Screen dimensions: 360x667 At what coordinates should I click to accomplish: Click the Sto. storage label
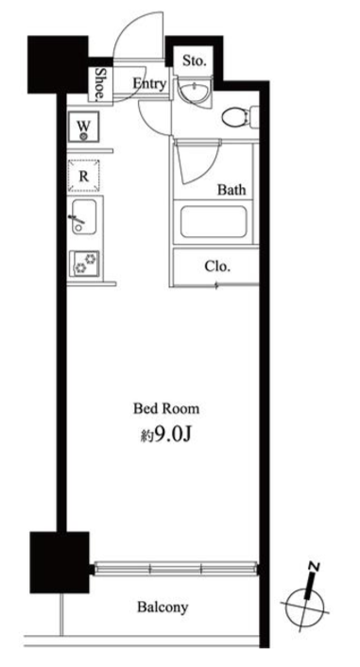[x=195, y=60]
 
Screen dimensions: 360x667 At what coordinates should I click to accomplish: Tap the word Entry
[x=149, y=83]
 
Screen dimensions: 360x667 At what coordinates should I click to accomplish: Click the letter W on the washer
[x=84, y=126]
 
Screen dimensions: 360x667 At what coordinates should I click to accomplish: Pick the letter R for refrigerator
[x=84, y=176]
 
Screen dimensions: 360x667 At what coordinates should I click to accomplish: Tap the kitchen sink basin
[x=84, y=217]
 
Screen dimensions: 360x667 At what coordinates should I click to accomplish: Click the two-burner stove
[x=84, y=263]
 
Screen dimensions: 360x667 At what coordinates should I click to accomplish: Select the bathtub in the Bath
[x=214, y=222]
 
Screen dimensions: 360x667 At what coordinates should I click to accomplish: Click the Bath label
[x=231, y=189]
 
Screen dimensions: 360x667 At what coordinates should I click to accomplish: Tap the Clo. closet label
[x=217, y=266]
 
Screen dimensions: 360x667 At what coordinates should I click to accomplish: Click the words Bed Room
[x=166, y=409]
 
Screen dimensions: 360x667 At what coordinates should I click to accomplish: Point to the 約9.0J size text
[x=167, y=435]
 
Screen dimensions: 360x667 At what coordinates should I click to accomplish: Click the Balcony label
[x=163, y=607]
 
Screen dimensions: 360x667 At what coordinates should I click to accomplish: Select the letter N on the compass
[x=315, y=567]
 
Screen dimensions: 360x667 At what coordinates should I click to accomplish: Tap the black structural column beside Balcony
[x=60, y=562]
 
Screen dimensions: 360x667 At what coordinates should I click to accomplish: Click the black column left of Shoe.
[x=58, y=64]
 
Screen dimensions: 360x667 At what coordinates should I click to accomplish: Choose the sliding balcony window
[x=176, y=569]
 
